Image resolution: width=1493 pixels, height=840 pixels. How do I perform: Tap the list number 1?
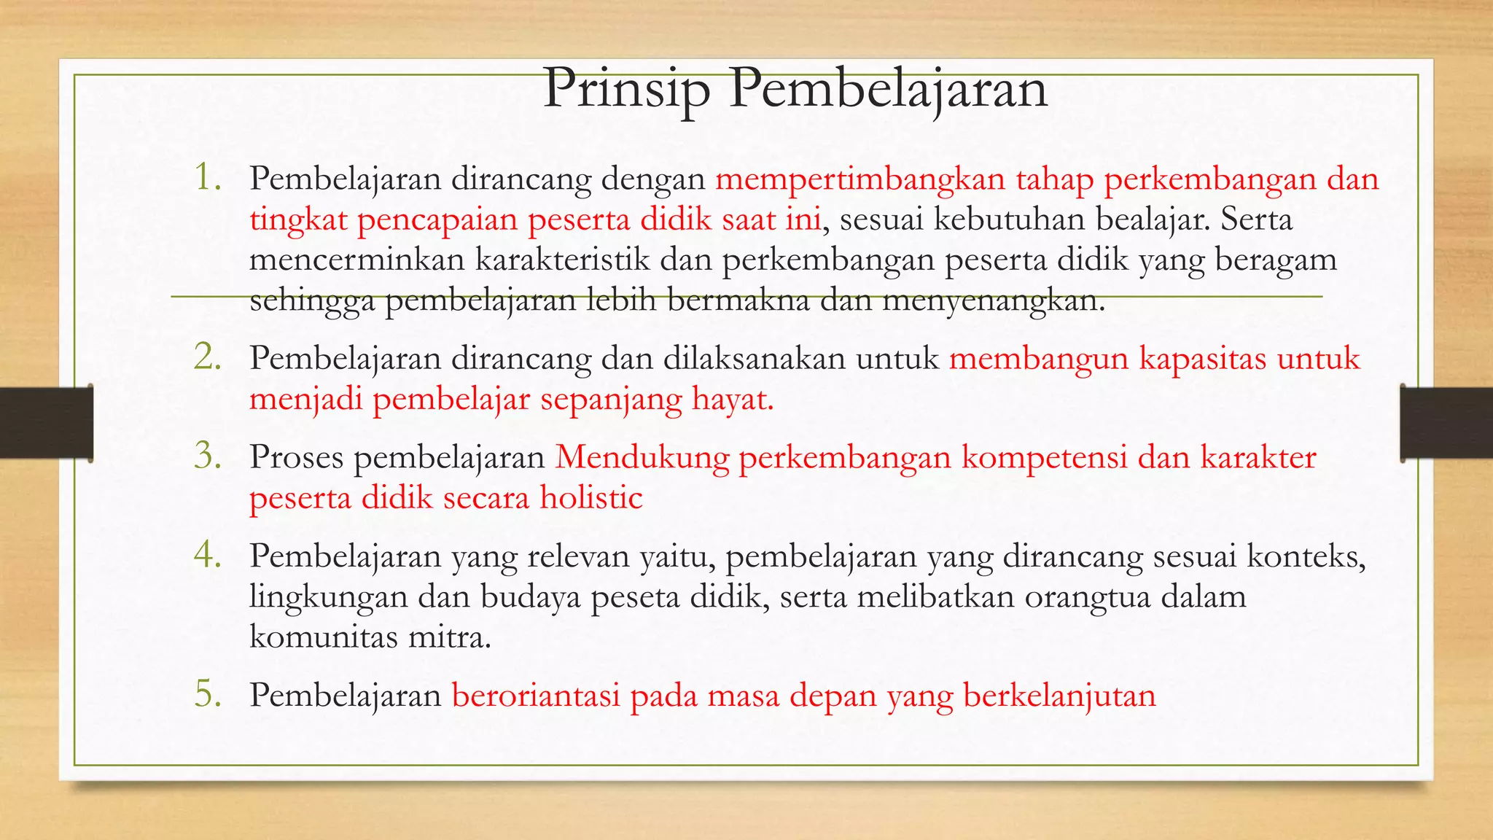tap(208, 177)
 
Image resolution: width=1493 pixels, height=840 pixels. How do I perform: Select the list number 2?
tap(208, 357)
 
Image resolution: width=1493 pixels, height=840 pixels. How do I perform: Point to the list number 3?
tap(208, 456)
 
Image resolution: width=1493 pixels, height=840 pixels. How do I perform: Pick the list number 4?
tap(208, 555)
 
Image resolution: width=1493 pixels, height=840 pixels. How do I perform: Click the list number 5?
tap(208, 693)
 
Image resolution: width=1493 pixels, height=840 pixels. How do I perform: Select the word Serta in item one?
tap(1257, 219)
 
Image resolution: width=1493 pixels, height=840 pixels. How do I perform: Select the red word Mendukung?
tap(642, 457)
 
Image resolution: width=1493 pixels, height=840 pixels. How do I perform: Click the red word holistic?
tap(591, 498)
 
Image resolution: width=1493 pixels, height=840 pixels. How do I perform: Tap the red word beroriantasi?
tap(536, 695)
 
